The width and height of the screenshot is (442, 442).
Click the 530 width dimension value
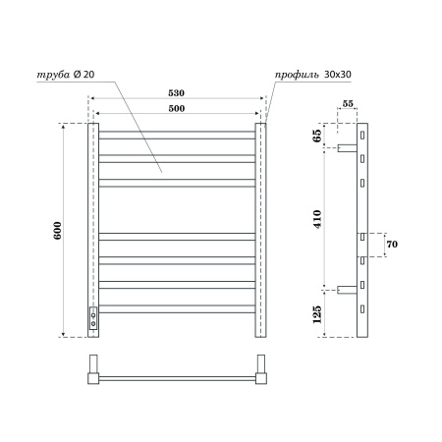click(176, 92)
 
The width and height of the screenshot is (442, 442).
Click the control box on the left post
click(94, 316)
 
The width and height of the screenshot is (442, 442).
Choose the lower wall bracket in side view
click(347, 290)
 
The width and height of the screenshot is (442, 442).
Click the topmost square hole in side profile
click(362, 134)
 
